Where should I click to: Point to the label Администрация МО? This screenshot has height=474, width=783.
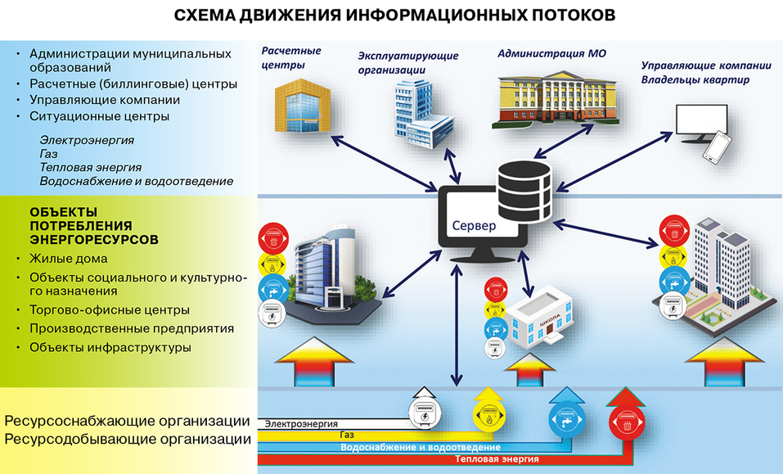pyautogui.click(x=547, y=53)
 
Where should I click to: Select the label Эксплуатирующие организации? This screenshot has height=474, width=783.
pyautogui.click(x=407, y=63)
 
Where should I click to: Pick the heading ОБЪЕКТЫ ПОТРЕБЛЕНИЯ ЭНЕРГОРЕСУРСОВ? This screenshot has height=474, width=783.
pyautogui.click(x=93, y=224)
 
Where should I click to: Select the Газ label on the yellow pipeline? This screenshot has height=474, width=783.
pyautogui.click(x=346, y=436)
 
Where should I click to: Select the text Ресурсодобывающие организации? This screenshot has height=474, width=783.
pyautogui.click(x=127, y=440)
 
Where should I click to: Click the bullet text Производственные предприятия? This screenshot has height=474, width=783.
pyautogui.click(x=131, y=328)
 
